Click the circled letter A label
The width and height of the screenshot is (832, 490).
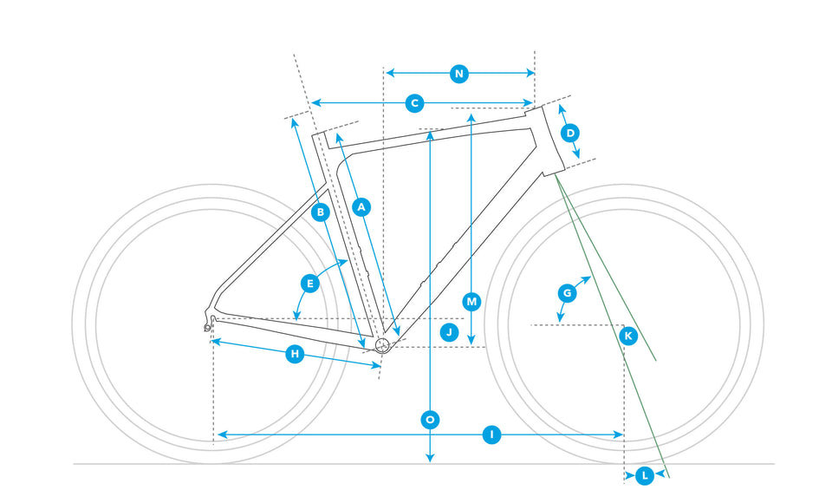362,206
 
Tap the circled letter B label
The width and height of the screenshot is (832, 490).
321,212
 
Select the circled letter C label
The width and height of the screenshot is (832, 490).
415,103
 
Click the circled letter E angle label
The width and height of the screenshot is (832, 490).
309,283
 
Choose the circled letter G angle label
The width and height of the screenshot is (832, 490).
567,293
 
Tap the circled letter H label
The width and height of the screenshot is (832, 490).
295,354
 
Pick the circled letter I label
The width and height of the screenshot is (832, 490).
491,434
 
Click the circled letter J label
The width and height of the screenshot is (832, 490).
448,331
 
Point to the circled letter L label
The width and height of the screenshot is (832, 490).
645,474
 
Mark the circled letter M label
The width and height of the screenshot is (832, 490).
471,302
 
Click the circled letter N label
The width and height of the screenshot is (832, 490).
459,74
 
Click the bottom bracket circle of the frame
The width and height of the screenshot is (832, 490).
382,345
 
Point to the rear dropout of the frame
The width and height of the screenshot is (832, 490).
211,323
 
